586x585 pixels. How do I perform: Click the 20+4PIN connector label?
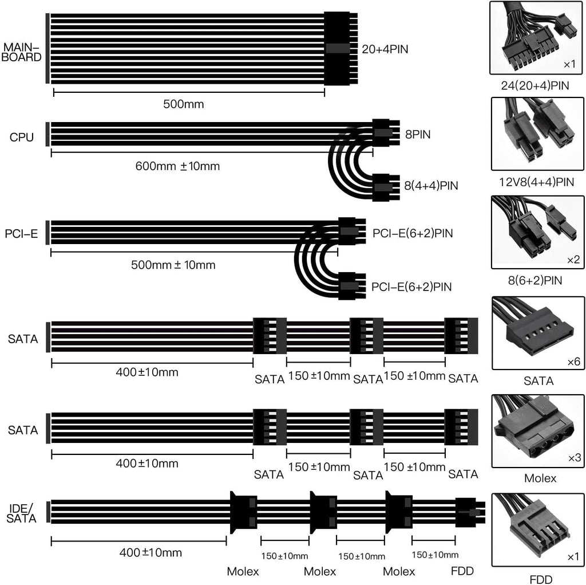pos(385,49)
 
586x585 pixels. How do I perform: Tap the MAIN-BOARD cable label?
pos(21,52)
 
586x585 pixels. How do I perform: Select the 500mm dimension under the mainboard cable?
pos(184,104)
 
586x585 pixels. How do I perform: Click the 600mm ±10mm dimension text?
pos(177,166)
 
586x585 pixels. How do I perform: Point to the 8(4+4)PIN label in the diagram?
pos(431,186)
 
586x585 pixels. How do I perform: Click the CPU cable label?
pos(22,138)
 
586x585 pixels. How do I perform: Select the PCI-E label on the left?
pos(21,234)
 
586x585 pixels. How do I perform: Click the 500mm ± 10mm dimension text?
pos(173,265)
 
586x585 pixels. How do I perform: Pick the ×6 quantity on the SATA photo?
pos(573,362)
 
